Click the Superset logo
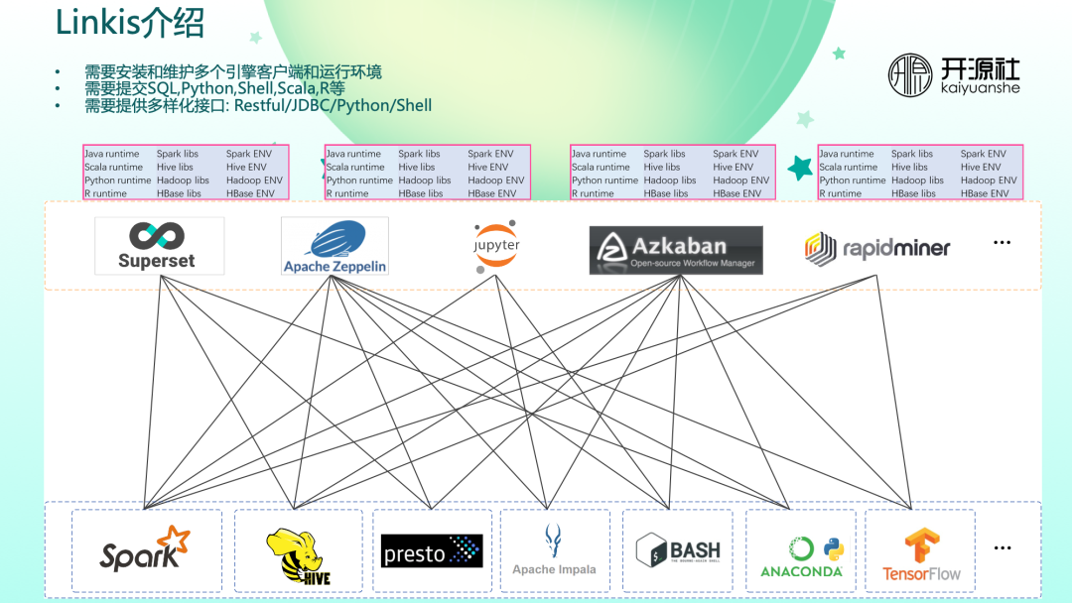[159, 246]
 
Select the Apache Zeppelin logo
[335, 246]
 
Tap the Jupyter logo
[496, 245]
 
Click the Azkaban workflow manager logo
[676, 250]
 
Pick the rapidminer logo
[877, 248]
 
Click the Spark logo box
[145, 551]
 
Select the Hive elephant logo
[298, 554]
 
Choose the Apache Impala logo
[554, 550]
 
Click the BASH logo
[678, 550]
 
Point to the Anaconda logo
[801, 555]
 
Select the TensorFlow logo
[921, 554]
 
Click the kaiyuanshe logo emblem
[909, 74]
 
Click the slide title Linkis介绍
[129, 24]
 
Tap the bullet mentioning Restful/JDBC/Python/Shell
[258, 105]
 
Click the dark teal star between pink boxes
[800, 168]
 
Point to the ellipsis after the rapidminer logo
[1002, 244]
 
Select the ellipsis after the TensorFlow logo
[1002, 548]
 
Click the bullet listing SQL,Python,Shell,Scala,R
[214, 89]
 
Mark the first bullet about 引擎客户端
[233, 72]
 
